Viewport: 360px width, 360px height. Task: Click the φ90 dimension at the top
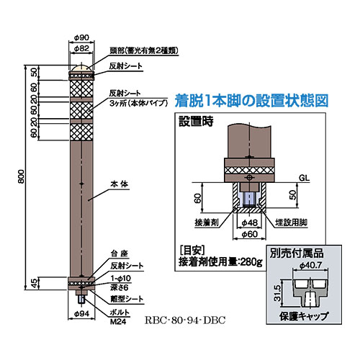(x=81, y=37)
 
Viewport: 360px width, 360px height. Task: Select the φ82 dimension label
(x=81, y=48)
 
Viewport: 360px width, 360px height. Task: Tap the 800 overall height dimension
(x=22, y=176)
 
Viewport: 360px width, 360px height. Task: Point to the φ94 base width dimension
(x=81, y=314)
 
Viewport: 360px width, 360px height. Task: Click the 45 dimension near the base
(x=35, y=283)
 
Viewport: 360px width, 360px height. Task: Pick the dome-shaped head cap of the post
(x=81, y=68)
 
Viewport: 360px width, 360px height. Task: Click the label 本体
(x=120, y=184)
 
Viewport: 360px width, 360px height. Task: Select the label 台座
(x=120, y=253)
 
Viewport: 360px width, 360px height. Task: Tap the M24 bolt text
(x=118, y=322)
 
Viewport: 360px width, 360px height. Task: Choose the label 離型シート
(x=127, y=299)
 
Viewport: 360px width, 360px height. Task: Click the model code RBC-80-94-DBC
(x=185, y=320)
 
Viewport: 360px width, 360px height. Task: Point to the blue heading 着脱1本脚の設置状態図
(x=251, y=101)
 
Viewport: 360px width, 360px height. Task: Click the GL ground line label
(x=304, y=178)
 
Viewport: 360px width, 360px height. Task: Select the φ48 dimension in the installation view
(x=250, y=223)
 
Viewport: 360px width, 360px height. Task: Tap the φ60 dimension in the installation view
(x=250, y=234)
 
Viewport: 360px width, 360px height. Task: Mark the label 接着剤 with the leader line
(x=207, y=222)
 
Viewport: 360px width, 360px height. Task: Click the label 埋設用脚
(x=291, y=222)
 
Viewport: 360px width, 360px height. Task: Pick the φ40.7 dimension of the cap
(x=310, y=265)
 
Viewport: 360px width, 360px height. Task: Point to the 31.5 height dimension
(x=277, y=293)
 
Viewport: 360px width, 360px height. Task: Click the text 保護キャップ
(x=304, y=316)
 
